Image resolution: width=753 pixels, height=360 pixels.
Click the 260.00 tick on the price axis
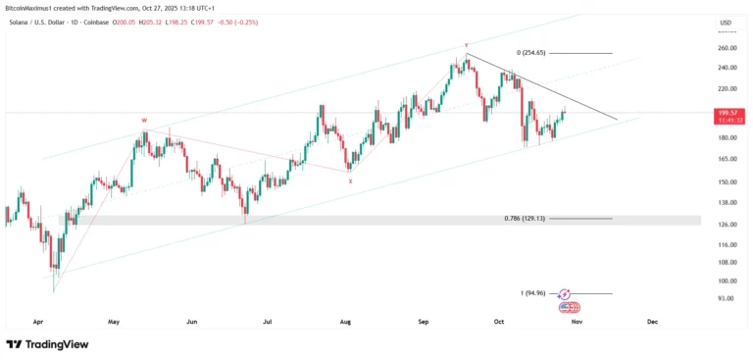coord(727,47)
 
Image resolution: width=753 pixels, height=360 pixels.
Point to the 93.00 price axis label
coord(727,298)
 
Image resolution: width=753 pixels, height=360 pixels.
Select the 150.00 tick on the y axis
coord(727,181)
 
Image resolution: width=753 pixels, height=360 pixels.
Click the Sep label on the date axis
coord(424,321)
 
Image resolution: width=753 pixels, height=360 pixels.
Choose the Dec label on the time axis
coord(652,321)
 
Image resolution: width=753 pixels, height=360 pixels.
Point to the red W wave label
coord(144,121)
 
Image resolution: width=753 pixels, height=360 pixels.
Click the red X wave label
coord(350,180)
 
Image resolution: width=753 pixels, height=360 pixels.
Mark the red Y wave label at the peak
coord(466,45)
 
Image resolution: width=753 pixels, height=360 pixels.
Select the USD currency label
coord(726,23)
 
